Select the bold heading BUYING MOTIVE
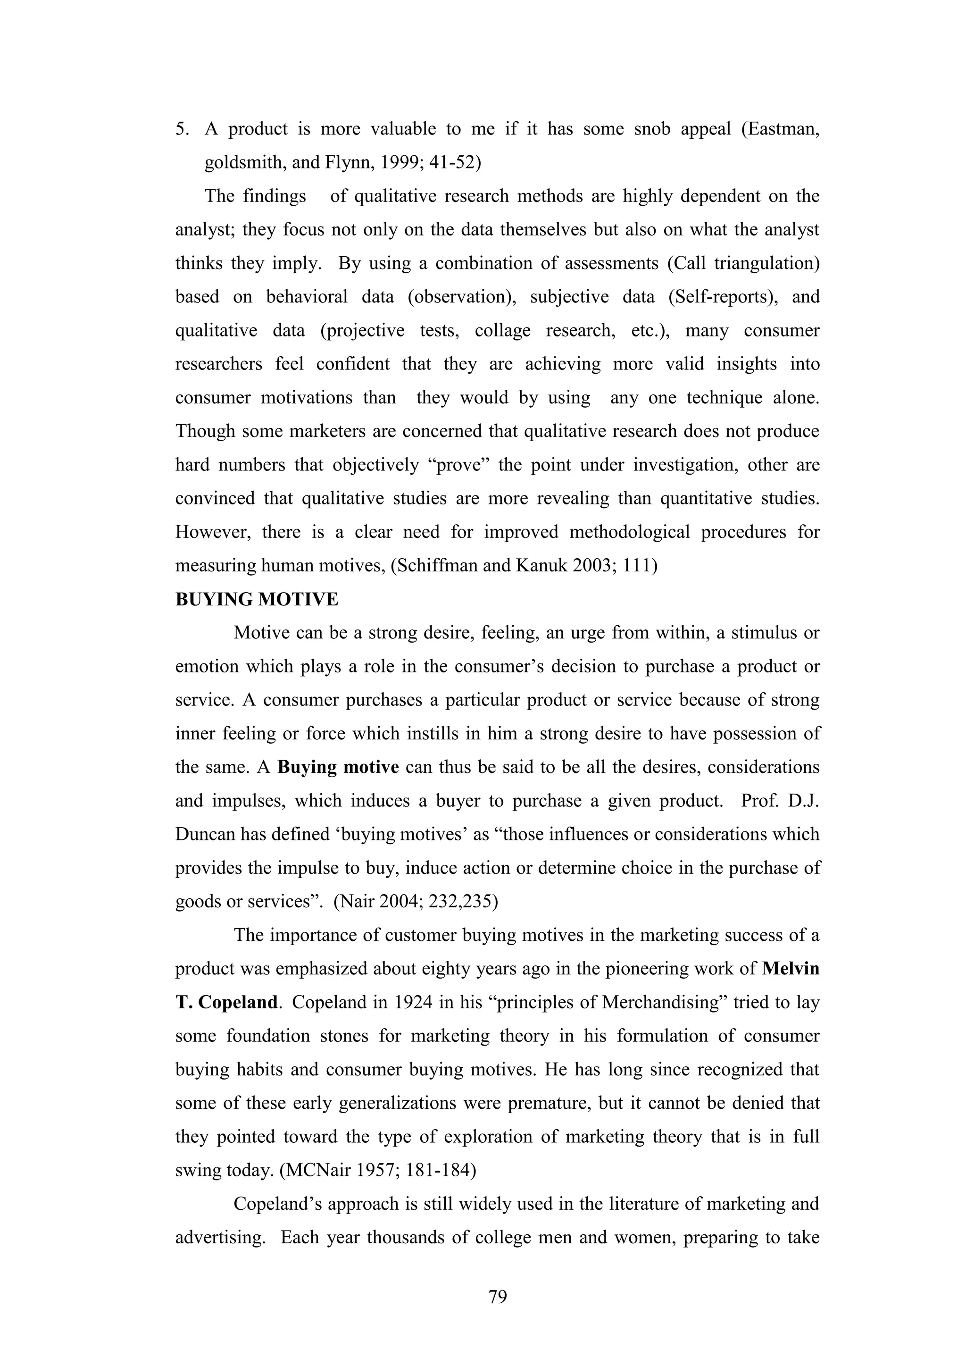pos(257,599)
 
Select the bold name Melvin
pos(791,969)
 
